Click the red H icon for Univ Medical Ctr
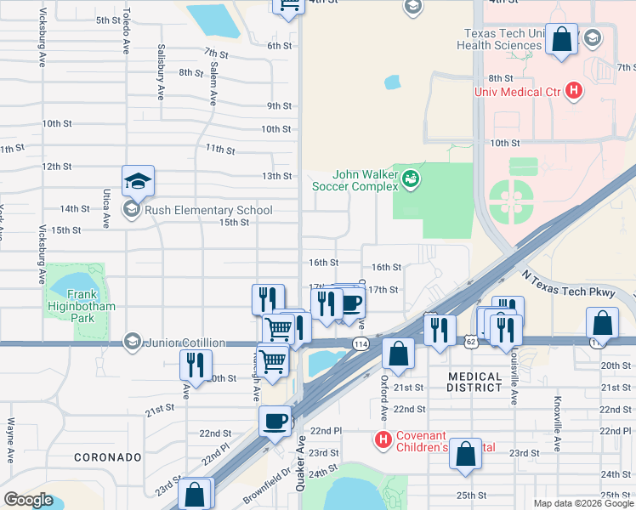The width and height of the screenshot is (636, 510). tap(575, 90)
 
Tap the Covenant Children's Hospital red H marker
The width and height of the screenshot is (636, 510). tap(383, 439)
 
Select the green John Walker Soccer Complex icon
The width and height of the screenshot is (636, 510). tap(412, 178)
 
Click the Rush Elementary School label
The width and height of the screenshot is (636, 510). tap(208, 210)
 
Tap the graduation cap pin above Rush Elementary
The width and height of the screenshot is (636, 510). tap(138, 180)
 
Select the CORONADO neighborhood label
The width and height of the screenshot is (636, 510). tap(107, 456)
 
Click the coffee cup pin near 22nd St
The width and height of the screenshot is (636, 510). tap(275, 421)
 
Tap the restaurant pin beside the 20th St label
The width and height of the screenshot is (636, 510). tap(196, 364)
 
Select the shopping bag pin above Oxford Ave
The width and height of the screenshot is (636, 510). tap(397, 353)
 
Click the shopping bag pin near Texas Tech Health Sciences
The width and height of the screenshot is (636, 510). tap(561, 39)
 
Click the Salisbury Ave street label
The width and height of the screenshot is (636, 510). tap(160, 73)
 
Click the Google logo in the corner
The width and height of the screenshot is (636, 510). tap(28, 500)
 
